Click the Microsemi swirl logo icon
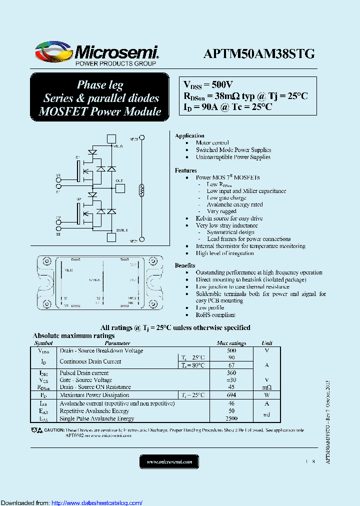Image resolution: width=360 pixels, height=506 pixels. tap(53, 51)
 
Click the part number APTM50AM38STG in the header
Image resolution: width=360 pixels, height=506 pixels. tap(259, 54)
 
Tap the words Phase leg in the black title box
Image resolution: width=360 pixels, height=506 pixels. tap(100, 84)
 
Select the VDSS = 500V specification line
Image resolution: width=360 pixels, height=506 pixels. tap(208, 84)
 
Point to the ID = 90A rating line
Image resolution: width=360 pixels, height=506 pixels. tap(227, 107)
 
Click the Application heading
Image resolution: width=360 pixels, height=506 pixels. tap(189, 135)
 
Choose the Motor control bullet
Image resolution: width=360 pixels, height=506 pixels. tap(212, 142)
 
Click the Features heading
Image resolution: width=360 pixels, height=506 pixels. tap(186, 170)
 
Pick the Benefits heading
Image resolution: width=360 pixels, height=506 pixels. tap(185, 265)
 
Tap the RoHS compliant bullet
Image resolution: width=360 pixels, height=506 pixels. tap(215, 315)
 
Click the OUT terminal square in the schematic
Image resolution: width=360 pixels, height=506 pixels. tap(120, 188)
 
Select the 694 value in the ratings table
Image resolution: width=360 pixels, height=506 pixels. tap(231, 395)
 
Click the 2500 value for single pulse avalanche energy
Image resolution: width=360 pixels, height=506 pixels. tap(231, 418)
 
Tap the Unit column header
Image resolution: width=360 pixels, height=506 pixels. tap(267, 343)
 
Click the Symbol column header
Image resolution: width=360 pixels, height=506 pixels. tap(43, 343)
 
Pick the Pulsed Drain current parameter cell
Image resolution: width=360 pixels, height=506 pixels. tap(84, 373)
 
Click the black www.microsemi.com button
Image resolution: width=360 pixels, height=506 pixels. tap(169, 461)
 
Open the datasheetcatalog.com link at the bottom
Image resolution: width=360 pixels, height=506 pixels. tap(97, 502)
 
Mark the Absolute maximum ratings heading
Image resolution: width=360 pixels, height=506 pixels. tap(73, 336)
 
